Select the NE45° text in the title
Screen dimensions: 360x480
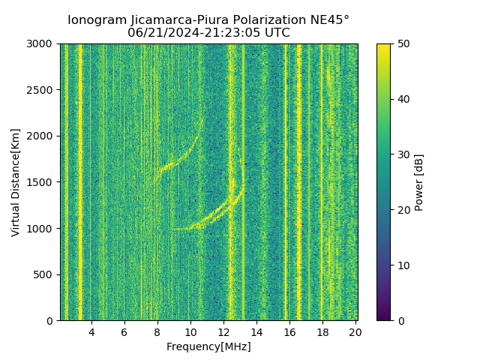pyautogui.click(x=331, y=20)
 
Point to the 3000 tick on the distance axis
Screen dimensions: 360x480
pyautogui.click(x=43, y=44)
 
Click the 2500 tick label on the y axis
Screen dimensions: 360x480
pyautogui.click(x=43, y=90)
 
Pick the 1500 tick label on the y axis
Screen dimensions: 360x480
pyautogui.click(x=43, y=182)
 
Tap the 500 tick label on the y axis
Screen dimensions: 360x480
pyautogui.click(x=46, y=274)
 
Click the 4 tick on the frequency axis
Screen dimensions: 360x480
pyautogui.click(x=91, y=332)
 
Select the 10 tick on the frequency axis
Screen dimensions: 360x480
pyautogui.click(x=190, y=332)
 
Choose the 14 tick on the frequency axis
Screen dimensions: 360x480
pyautogui.click(x=256, y=332)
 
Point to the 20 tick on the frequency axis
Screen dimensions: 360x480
pyautogui.click(x=355, y=332)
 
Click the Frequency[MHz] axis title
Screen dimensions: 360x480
pyautogui.click(x=208, y=346)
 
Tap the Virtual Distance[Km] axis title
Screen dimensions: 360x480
pyautogui.click(x=16, y=182)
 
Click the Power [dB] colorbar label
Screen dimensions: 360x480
pyautogui.click(x=419, y=182)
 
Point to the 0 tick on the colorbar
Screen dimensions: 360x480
pyautogui.click(x=399, y=321)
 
